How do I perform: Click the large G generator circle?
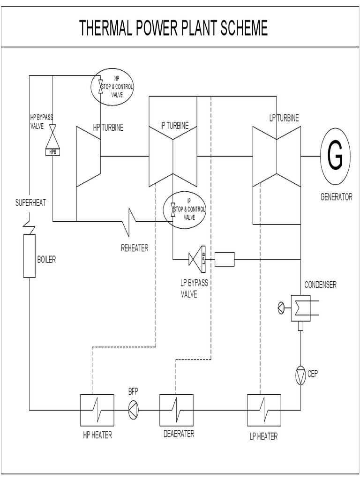335,157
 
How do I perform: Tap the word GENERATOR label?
336,197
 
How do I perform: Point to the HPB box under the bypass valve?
53,151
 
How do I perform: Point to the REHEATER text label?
135,248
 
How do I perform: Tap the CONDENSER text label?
320,285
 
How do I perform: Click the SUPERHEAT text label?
30,203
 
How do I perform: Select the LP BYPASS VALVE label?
194,289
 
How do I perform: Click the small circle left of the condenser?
281,308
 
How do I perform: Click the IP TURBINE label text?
174,125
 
